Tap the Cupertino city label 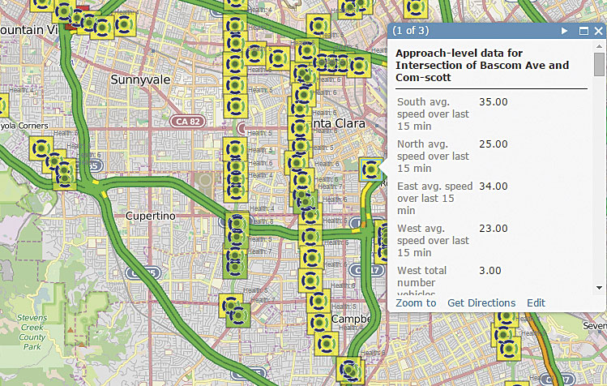coord(151,217)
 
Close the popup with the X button coord(598,31)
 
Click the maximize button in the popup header coord(583,31)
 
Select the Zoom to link coord(416,303)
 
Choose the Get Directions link coord(481,303)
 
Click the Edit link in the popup coord(536,303)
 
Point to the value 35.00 coord(494,102)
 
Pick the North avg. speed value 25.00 coord(494,144)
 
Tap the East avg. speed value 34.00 coord(494,187)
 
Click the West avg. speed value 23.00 coord(494,229)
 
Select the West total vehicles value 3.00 coord(489,271)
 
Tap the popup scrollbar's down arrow coord(600,287)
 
